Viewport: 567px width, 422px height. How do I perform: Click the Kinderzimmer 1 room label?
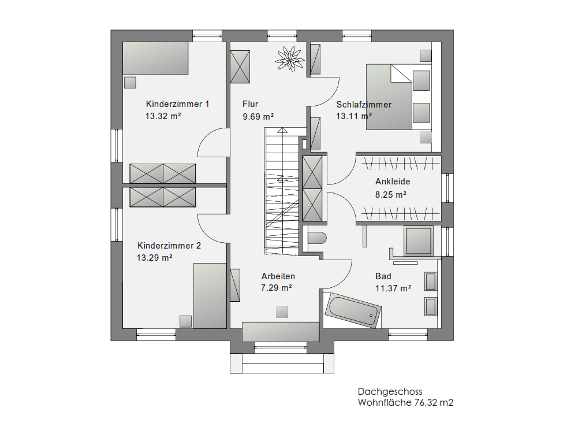(178, 104)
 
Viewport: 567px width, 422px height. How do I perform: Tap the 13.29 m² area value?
(154, 258)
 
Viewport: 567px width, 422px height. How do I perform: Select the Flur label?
(250, 104)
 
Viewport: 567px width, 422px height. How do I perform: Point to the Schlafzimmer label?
(364, 105)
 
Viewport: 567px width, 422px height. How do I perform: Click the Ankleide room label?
(393, 182)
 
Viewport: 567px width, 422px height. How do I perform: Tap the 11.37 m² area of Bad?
(393, 288)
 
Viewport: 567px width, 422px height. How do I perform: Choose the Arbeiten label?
(278, 276)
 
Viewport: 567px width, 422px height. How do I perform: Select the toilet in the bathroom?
(317, 238)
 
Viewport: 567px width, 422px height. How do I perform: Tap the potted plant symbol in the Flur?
(289, 58)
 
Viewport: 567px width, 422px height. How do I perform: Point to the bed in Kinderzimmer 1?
(155, 58)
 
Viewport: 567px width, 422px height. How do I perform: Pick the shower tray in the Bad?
(419, 240)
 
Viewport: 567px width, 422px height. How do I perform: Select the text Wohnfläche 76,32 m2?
(405, 402)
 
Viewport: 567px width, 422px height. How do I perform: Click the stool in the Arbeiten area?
(282, 312)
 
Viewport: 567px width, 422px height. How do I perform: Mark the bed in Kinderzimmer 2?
(210, 296)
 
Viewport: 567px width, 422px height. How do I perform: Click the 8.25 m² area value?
(390, 195)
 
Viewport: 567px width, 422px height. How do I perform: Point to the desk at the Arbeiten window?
(281, 332)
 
